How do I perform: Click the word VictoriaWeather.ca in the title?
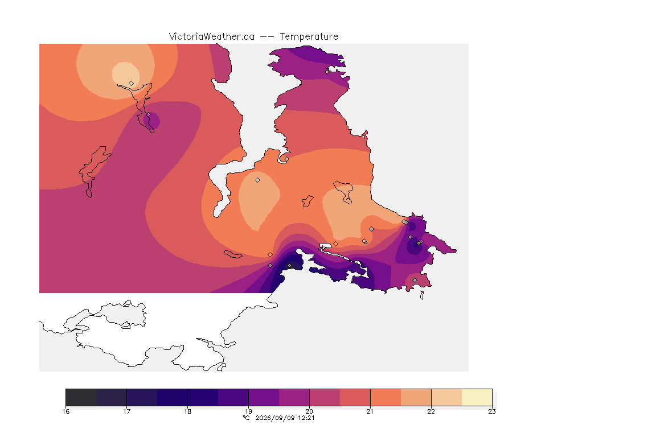pos(212,37)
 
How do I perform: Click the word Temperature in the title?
pos(309,37)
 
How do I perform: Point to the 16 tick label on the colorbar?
pos(65,411)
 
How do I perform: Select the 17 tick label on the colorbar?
pos(127,411)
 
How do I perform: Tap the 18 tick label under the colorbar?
pos(188,411)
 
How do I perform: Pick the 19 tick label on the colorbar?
pos(248,411)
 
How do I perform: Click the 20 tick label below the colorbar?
pos(310,411)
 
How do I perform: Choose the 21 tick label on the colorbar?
pos(370,411)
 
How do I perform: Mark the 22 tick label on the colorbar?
pos(431,411)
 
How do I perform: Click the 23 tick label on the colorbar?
pos(492,411)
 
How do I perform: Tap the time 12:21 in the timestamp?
pos(306,418)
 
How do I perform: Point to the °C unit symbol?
pos(247,418)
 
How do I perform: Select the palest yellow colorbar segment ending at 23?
pos(477,397)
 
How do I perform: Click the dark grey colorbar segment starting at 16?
pos(81,397)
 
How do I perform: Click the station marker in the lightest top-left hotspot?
pos(132,83)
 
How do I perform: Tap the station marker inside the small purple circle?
pos(148,114)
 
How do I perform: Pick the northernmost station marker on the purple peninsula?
pos(327,72)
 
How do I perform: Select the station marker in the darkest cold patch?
pos(289,266)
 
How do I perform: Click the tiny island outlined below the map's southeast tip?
pos(422,295)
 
